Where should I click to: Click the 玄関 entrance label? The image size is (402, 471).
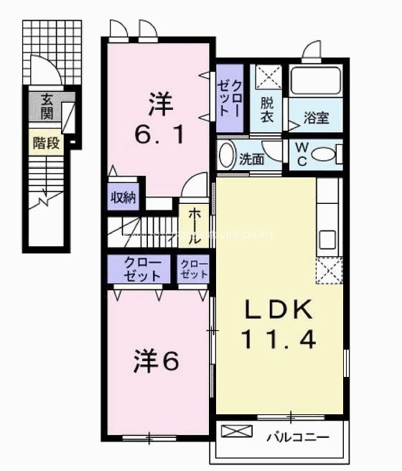(47, 106)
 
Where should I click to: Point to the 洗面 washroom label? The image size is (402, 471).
(251, 159)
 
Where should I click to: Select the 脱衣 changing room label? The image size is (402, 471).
(267, 110)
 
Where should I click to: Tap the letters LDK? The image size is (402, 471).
(279, 310)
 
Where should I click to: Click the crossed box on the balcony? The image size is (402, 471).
(237, 432)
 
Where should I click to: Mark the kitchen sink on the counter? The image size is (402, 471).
(327, 238)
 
